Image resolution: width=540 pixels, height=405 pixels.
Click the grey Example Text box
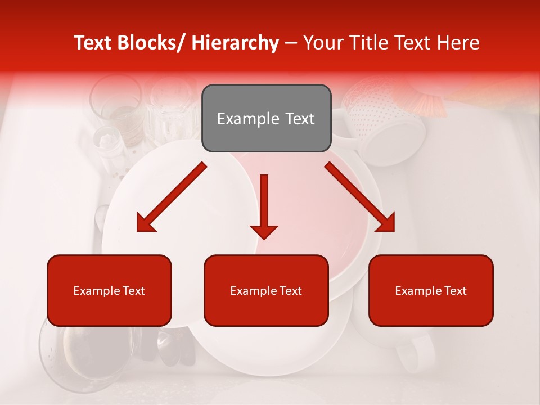click(x=266, y=118)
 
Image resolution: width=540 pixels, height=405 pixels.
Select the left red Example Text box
click(x=109, y=290)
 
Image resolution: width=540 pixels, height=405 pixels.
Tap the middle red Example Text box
click(x=266, y=290)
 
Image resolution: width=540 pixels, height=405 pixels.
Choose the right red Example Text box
click(x=431, y=290)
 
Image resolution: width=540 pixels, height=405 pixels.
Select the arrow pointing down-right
click(x=361, y=197)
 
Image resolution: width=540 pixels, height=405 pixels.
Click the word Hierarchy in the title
click(x=235, y=43)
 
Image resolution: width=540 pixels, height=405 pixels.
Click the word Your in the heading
click(x=322, y=43)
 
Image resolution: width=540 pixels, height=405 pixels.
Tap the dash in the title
click(x=291, y=43)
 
